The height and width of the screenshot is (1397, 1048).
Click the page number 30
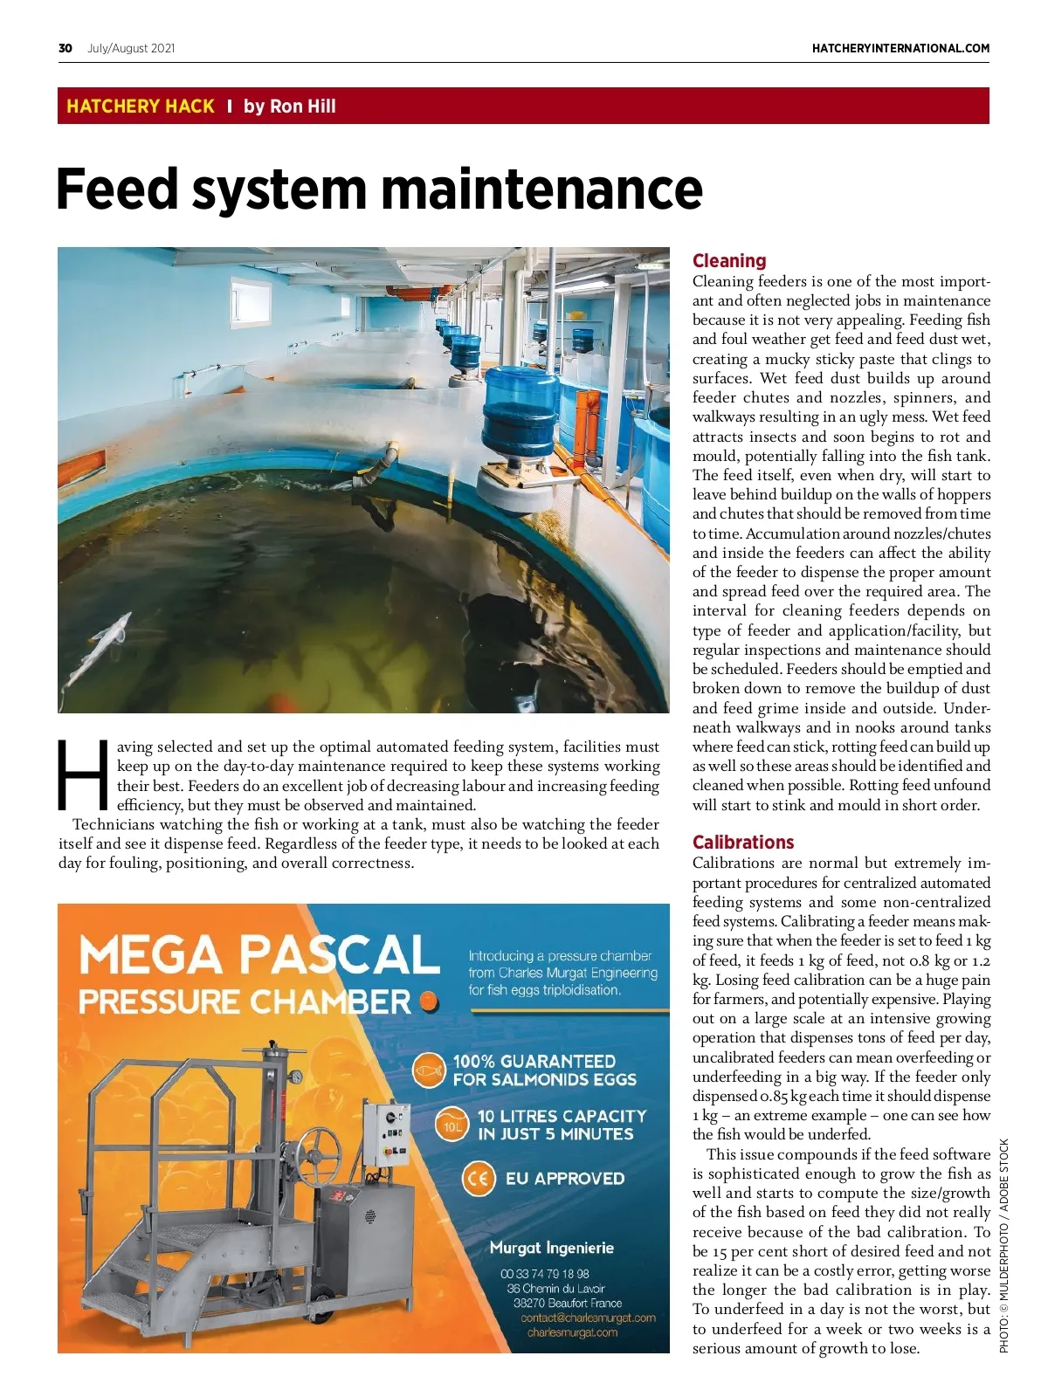click(65, 48)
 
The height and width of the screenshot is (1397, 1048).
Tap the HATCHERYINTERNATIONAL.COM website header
click(900, 48)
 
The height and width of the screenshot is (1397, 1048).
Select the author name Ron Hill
click(302, 107)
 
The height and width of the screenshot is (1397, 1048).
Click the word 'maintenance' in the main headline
click(541, 189)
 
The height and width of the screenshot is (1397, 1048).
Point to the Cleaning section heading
click(729, 260)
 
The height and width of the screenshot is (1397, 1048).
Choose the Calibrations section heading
click(743, 842)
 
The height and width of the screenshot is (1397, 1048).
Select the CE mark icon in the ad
click(478, 1179)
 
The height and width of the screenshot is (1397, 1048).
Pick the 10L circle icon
click(452, 1125)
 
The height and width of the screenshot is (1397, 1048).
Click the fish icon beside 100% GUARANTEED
click(428, 1070)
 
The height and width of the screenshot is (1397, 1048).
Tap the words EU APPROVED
click(565, 1179)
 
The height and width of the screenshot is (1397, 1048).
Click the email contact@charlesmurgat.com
click(588, 1318)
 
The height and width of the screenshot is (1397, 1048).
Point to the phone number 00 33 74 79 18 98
click(545, 1274)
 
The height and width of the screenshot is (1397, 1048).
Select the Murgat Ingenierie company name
click(552, 1248)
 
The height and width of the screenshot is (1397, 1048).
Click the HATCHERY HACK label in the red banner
click(141, 107)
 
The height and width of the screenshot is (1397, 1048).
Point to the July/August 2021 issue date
click(131, 48)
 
